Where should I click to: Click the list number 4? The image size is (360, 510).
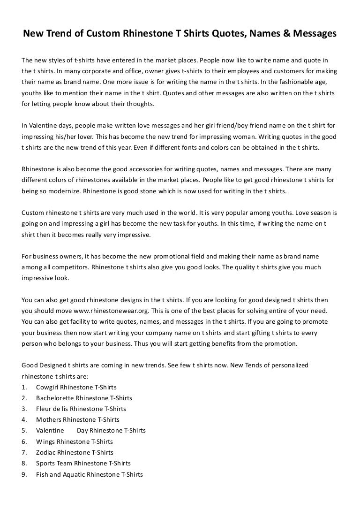(x=24, y=419)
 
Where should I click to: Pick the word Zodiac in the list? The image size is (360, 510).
(x=45, y=452)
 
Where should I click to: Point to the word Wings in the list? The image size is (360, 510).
(x=45, y=441)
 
